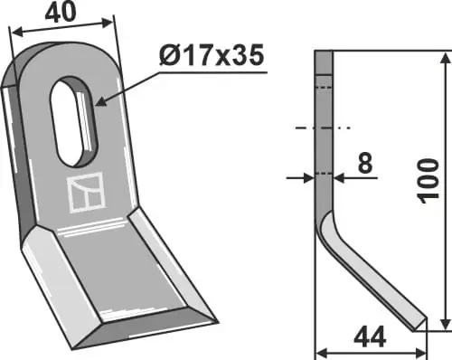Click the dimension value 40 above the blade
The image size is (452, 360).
tap(61, 13)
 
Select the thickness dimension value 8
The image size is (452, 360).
tap(365, 163)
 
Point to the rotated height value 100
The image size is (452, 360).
tap(428, 181)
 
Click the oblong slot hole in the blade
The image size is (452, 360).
tap(73, 121)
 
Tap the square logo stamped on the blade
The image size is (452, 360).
tap(86, 193)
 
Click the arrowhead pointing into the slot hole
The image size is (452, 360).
tap(101, 102)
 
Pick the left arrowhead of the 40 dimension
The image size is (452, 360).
tap(17, 32)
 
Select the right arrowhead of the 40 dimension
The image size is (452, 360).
tap(108, 23)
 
